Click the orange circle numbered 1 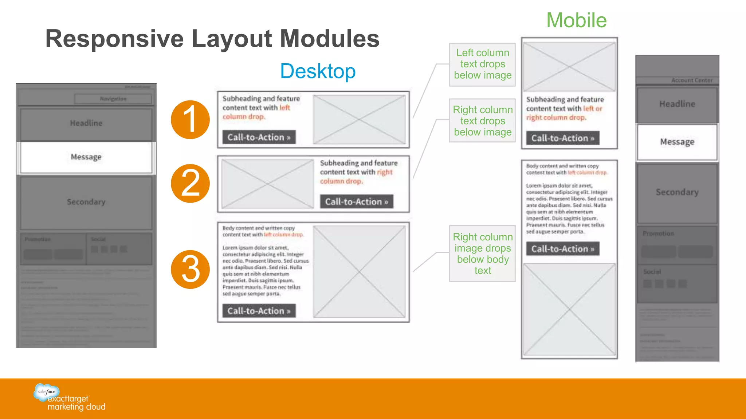[x=190, y=120]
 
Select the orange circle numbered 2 [x=190, y=183]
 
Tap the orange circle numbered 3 [x=190, y=270]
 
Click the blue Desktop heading [x=318, y=71]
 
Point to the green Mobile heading [x=576, y=20]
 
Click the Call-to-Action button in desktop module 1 [x=259, y=137]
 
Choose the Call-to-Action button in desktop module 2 [x=357, y=201]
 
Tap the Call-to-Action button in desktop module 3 [x=259, y=311]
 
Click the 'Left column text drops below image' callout [x=483, y=64]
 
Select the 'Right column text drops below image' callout [x=483, y=121]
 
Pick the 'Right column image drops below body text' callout [x=483, y=254]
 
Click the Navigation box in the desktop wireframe [x=113, y=99]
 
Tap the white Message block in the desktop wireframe [x=86, y=157]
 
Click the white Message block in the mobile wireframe [x=677, y=142]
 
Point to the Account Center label [x=691, y=80]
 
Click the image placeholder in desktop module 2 [x=268, y=184]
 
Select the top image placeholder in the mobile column [x=569, y=67]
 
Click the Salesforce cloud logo [x=46, y=392]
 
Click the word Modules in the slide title [x=330, y=39]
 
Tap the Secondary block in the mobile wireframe [x=677, y=192]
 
